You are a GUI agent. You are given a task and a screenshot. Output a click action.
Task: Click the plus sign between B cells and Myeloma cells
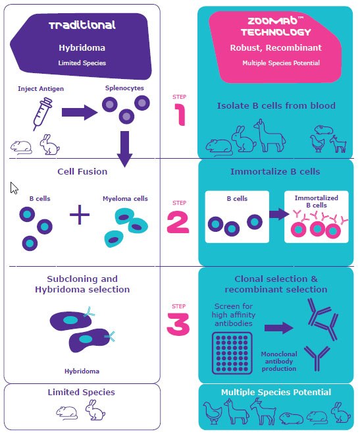click(80, 216)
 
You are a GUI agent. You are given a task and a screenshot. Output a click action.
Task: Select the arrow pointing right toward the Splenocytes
click(78, 113)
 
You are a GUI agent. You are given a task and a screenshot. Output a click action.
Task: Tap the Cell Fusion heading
click(82, 172)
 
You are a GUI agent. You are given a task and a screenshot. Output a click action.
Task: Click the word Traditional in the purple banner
click(82, 26)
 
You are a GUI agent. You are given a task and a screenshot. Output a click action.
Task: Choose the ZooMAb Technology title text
click(276, 26)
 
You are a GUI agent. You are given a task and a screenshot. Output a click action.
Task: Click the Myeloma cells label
click(125, 198)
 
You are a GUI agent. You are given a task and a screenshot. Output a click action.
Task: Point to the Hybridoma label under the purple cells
click(82, 371)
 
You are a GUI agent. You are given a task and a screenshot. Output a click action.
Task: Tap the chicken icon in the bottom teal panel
click(213, 414)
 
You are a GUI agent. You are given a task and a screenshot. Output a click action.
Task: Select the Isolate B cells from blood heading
click(276, 105)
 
